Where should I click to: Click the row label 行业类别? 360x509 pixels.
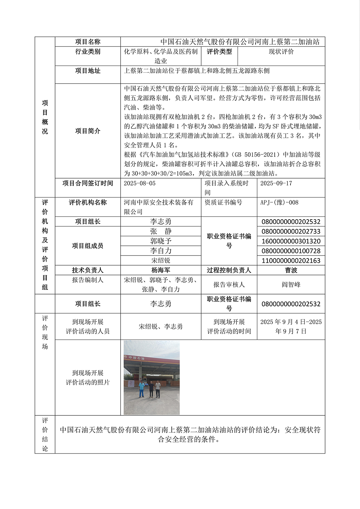[x=87, y=52]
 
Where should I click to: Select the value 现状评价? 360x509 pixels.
[x=281, y=52]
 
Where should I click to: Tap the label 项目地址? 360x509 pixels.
[x=87, y=71]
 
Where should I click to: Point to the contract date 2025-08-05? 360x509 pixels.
[x=140, y=184]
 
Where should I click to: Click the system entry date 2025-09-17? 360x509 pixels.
[x=276, y=184]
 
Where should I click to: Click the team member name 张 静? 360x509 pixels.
[x=161, y=231]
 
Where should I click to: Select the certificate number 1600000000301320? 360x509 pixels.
[x=291, y=241]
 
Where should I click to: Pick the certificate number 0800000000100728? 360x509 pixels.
[x=291, y=251]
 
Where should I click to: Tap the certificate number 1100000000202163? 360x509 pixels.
[x=291, y=261]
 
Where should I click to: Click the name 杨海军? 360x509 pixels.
[x=161, y=270]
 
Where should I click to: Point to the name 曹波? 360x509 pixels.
[x=291, y=270]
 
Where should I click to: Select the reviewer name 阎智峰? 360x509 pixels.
[x=291, y=285]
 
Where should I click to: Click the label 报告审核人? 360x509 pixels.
[x=229, y=285]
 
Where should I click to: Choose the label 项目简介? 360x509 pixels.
[x=87, y=131]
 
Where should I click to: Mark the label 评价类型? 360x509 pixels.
[x=219, y=52]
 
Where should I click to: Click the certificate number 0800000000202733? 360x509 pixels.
[x=291, y=231]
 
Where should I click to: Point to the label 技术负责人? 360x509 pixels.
[x=87, y=270]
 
